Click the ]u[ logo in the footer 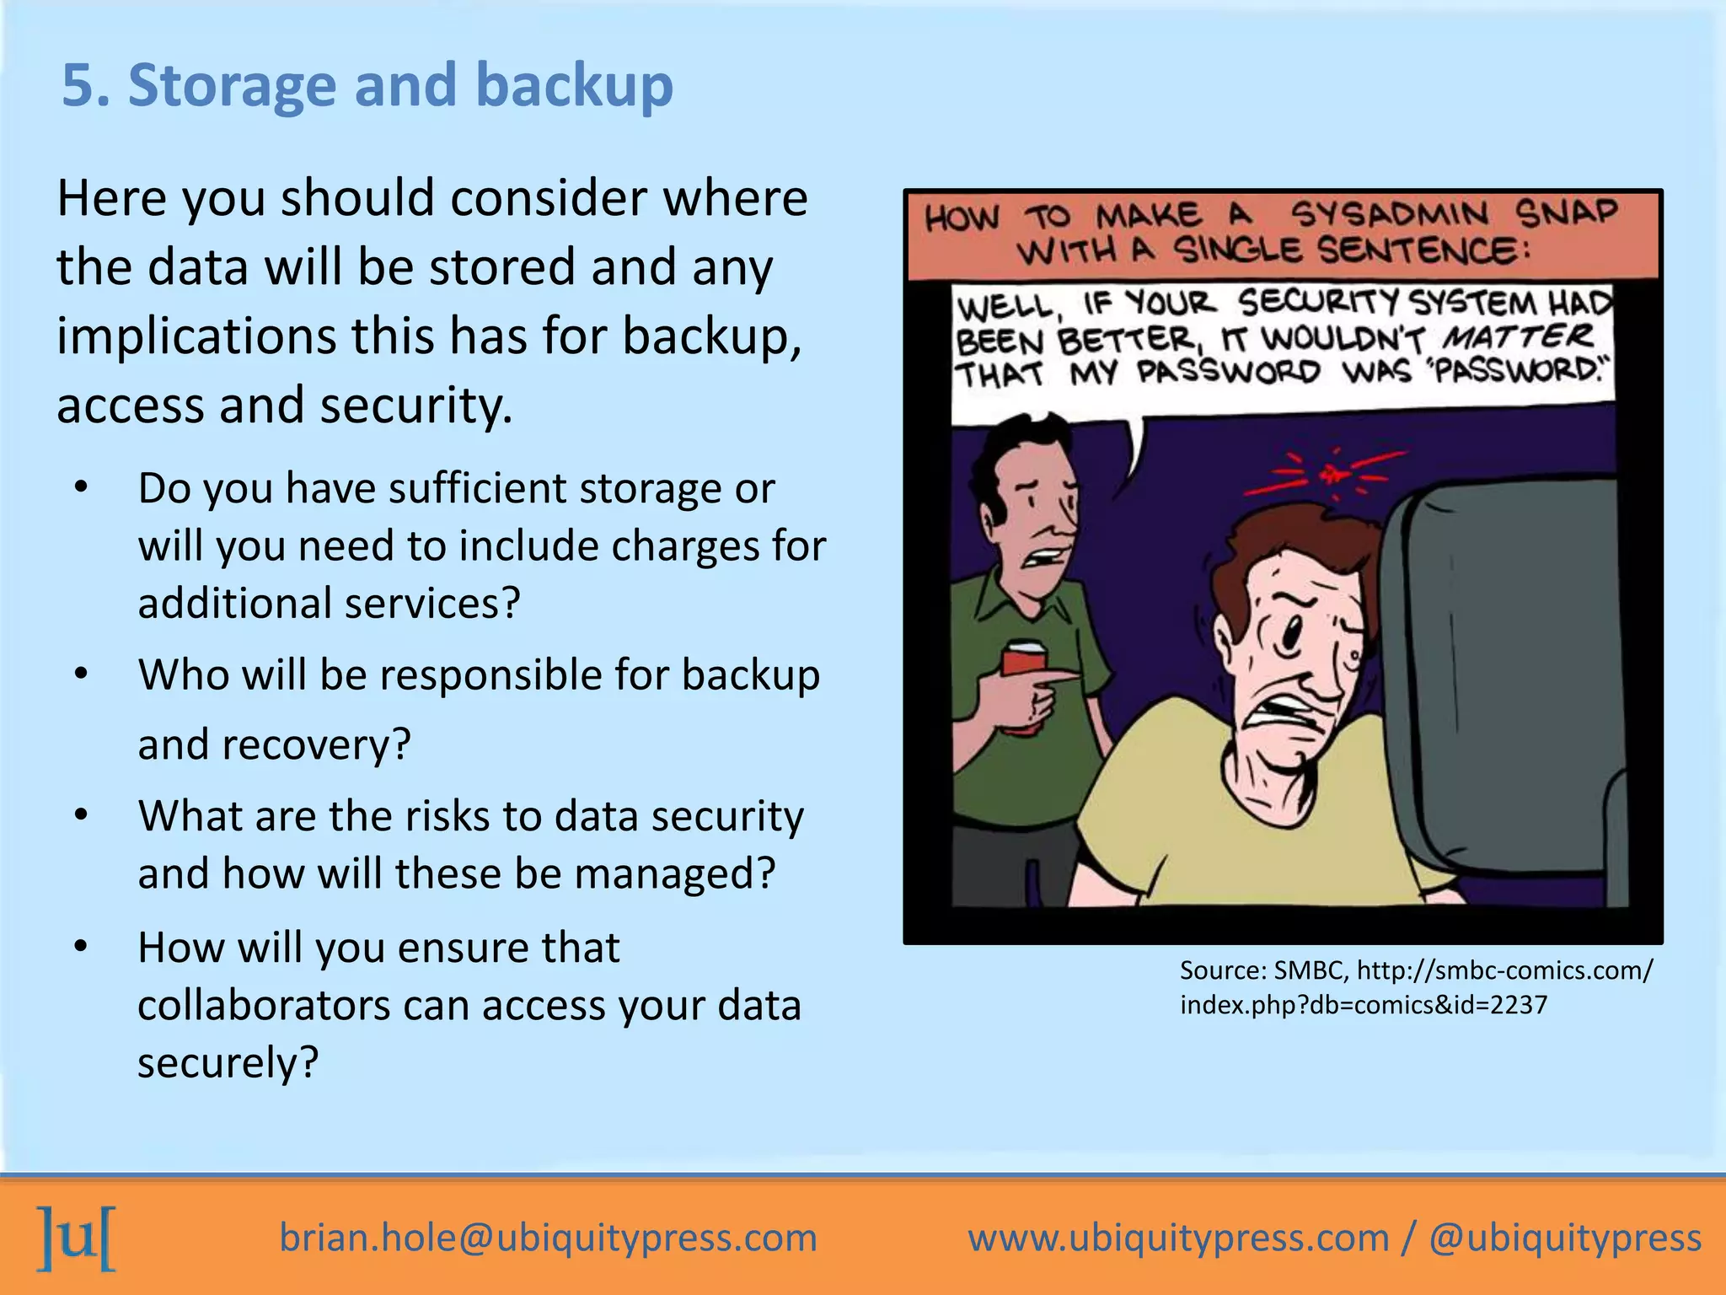pos(76,1237)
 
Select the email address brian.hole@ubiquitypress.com pos(548,1238)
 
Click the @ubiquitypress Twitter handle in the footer pos(1565,1238)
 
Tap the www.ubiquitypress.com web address pos(1178,1238)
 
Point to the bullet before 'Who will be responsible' pos(81,674)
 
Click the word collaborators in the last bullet pos(263,1005)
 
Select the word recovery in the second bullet pos(315,744)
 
